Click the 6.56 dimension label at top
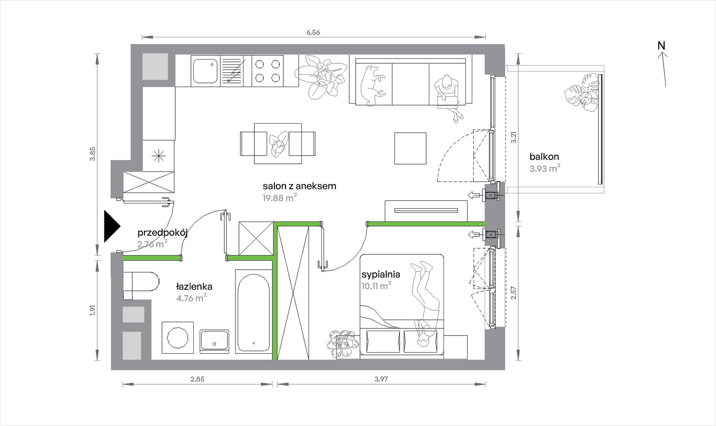tap(313, 32)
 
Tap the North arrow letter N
tap(661, 46)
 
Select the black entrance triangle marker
tap(112, 226)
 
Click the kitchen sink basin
tap(205, 71)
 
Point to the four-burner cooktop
tap(268, 71)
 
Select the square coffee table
tap(410, 148)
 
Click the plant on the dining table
tap(278, 144)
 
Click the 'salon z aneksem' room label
tap(299, 186)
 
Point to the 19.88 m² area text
tap(280, 197)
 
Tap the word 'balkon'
tap(544, 157)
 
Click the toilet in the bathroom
tap(141, 286)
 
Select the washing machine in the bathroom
tap(177, 337)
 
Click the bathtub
tap(254, 311)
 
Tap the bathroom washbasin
tap(214, 341)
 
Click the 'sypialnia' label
tap(381, 275)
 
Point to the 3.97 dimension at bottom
tap(381, 379)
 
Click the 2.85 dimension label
tap(197, 379)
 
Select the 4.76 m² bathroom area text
tap(191, 298)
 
